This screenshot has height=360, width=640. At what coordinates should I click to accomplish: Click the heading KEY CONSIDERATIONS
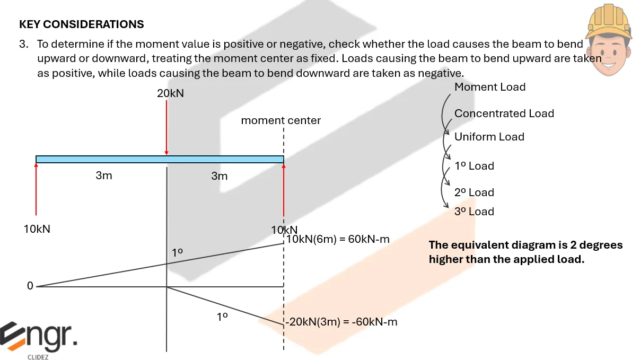pyautogui.click(x=81, y=24)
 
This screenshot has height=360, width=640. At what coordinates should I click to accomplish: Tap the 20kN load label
pyautogui.click(x=170, y=93)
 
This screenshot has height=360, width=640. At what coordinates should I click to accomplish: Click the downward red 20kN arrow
pyautogui.click(x=166, y=127)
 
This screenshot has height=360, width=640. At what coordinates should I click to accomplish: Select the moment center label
pyautogui.click(x=280, y=120)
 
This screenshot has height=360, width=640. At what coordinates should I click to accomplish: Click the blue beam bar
pyautogui.click(x=159, y=159)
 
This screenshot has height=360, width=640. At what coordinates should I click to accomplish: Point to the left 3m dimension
pyautogui.click(x=104, y=175)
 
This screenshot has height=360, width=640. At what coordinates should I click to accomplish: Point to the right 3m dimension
pyautogui.click(x=219, y=175)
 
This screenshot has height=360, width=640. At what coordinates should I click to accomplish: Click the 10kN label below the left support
pyautogui.click(x=37, y=230)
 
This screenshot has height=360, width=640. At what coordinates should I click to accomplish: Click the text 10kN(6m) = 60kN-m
pyautogui.click(x=338, y=239)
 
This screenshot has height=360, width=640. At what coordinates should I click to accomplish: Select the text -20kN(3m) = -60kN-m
pyautogui.click(x=341, y=322)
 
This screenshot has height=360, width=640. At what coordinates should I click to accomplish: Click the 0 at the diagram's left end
pyautogui.click(x=30, y=286)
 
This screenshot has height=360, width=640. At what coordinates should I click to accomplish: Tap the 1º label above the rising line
pyautogui.click(x=178, y=253)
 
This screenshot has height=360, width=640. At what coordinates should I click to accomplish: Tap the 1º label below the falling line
pyautogui.click(x=222, y=317)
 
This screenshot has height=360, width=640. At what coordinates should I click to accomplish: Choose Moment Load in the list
pyautogui.click(x=489, y=87)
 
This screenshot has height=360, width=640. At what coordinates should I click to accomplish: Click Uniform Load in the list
pyautogui.click(x=489, y=137)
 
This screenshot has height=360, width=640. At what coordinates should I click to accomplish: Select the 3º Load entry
pyautogui.click(x=474, y=212)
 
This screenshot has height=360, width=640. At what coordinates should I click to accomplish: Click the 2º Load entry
pyautogui.click(x=474, y=192)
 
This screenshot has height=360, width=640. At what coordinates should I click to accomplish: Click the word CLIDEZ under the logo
pyautogui.click(x=39, y=356)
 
